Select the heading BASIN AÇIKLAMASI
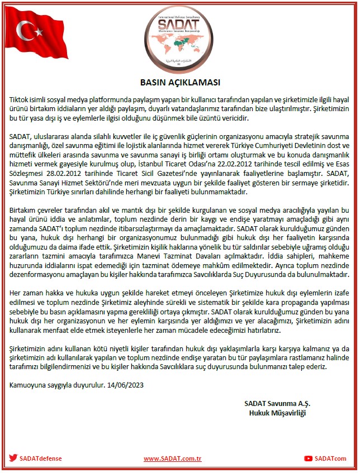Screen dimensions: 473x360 (x=179, y=80)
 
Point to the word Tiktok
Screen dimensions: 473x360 (x=21, y=98)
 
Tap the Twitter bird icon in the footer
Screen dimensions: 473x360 (x=13, y=458)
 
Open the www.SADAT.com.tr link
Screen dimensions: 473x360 (x=172, y=458)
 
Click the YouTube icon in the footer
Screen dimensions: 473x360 (x=308, y=458)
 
